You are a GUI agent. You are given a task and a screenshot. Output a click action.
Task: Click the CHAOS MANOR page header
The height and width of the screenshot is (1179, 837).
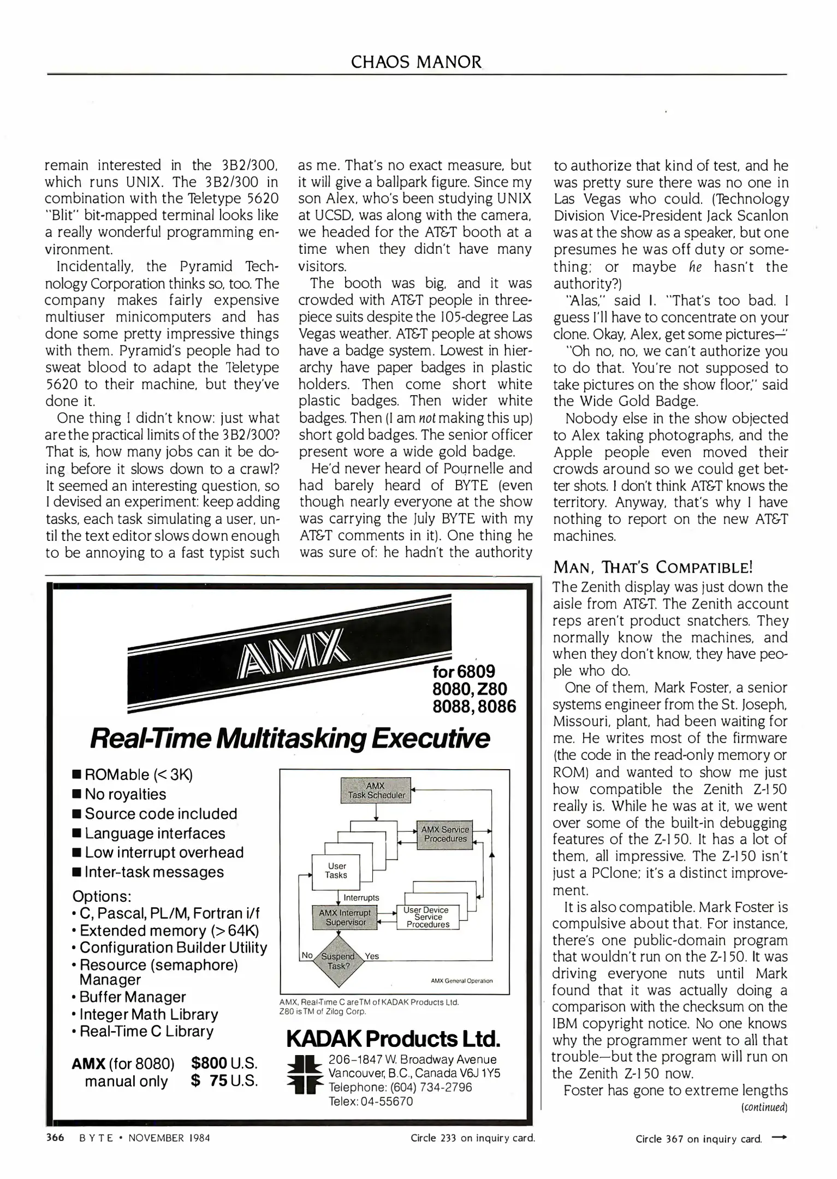[417, 62]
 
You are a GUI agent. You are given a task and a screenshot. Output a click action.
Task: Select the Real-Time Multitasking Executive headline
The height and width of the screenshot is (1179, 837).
[289, 739]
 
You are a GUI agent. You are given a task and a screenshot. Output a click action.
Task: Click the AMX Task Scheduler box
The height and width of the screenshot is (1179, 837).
[376, 790]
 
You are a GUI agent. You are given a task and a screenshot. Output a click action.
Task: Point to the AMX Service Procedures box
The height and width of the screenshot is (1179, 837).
[445, 834]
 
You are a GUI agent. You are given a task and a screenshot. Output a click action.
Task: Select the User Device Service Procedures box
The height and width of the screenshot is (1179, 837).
[428, 917]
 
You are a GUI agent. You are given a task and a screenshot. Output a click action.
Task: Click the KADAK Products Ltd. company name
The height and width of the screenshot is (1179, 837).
[393, 1039]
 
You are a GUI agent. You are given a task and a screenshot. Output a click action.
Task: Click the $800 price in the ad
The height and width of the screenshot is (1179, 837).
[210, 1063]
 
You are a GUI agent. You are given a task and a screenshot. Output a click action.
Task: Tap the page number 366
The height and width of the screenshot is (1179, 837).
[54, 1138]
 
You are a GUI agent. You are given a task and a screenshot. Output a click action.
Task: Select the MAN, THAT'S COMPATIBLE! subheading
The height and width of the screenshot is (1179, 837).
[653, 568]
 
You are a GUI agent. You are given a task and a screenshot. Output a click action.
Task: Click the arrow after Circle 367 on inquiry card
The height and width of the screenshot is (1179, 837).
[779, 1138]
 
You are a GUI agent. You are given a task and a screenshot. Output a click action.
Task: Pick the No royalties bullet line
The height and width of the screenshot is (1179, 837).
[126, 794]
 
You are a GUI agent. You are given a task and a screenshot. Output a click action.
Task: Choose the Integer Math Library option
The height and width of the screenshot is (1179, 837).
[149, 1014]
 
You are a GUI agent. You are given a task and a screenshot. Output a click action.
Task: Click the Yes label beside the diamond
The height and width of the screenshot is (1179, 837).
[372, 956]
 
